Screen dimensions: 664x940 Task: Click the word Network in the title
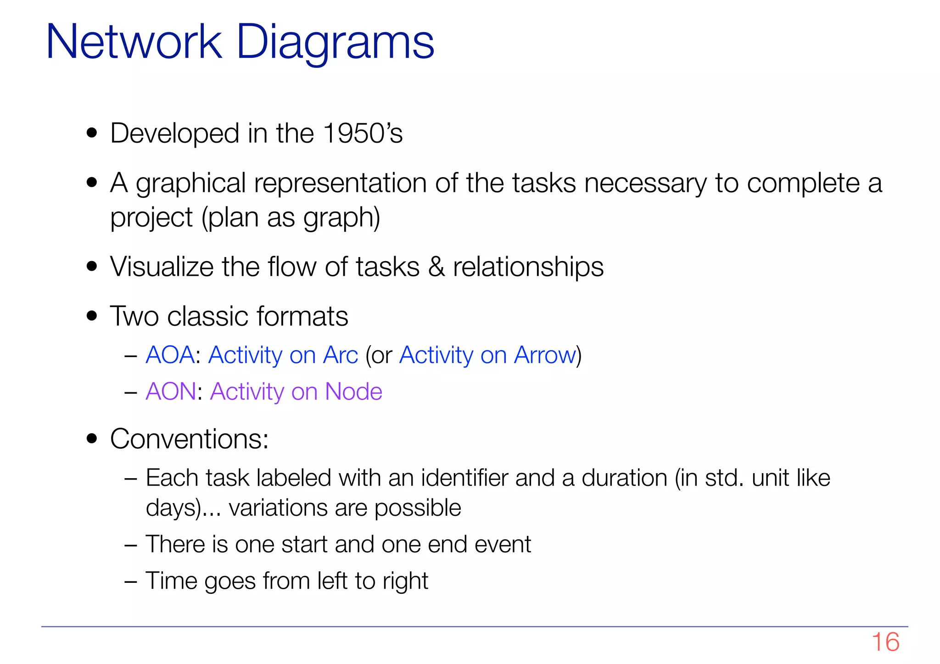point(134,43)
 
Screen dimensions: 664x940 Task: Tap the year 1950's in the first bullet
point(363,134)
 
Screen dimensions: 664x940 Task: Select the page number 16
point(885,642)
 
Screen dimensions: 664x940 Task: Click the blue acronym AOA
point(170,355)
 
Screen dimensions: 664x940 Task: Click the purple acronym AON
point(171,392)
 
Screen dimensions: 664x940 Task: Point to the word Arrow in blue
point(545,355)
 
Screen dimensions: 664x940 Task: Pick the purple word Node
point(353,392)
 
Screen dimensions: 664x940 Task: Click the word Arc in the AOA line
point(340,355)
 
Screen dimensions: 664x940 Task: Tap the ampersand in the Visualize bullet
point(436,267)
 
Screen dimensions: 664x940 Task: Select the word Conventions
point(189,439)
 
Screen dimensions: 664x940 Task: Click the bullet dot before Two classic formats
point(92,316)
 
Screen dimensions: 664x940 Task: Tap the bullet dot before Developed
point(92,133)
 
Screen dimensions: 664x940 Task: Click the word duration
point(624,478)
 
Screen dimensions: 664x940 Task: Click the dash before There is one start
point(131,545)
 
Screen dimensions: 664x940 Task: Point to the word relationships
point(528,267)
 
